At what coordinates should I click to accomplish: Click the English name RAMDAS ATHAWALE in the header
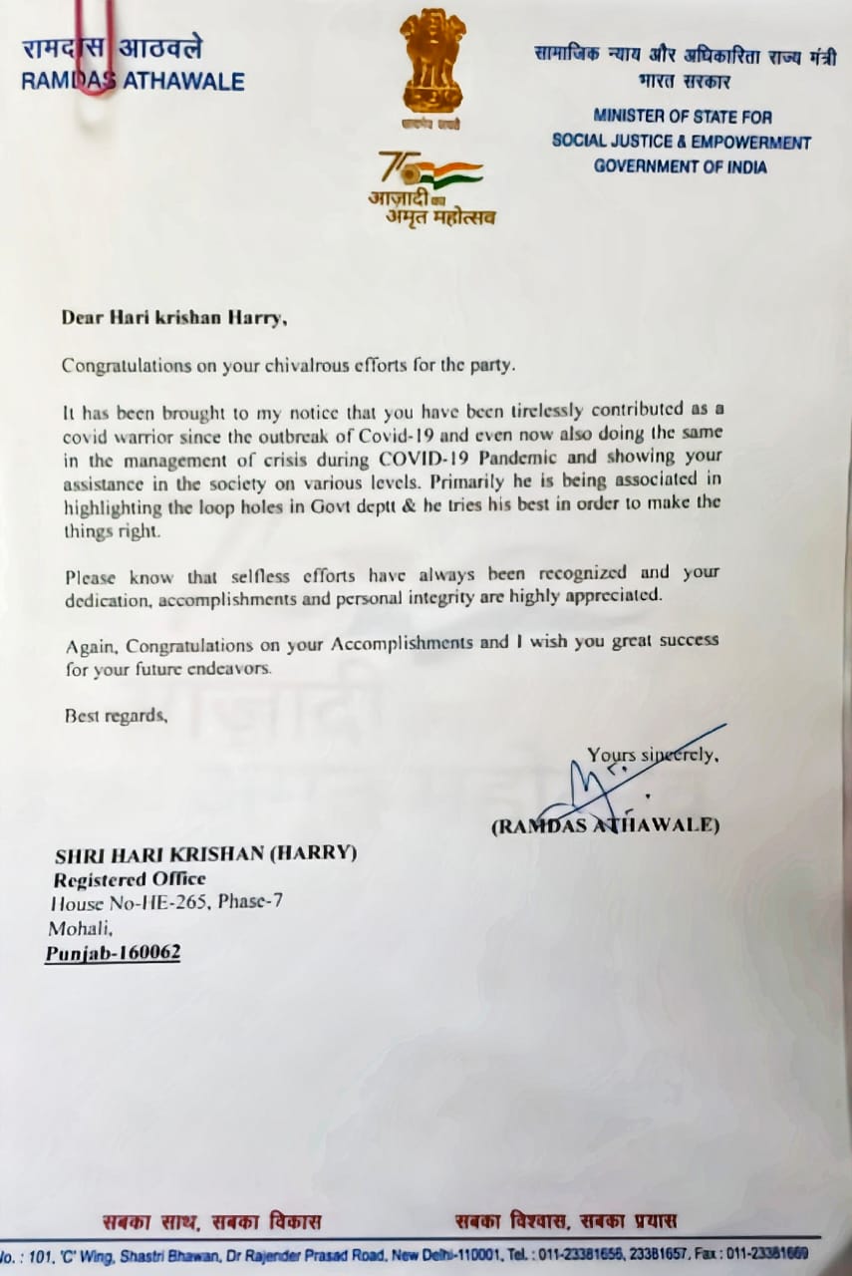(133, 82)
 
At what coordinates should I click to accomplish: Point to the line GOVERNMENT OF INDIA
(681, 166)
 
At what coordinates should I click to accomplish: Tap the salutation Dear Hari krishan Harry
(174, 318)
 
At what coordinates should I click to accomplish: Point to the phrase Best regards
(116, 715)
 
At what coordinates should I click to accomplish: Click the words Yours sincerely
(653, 756)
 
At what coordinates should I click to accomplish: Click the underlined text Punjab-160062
(113, 953)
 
